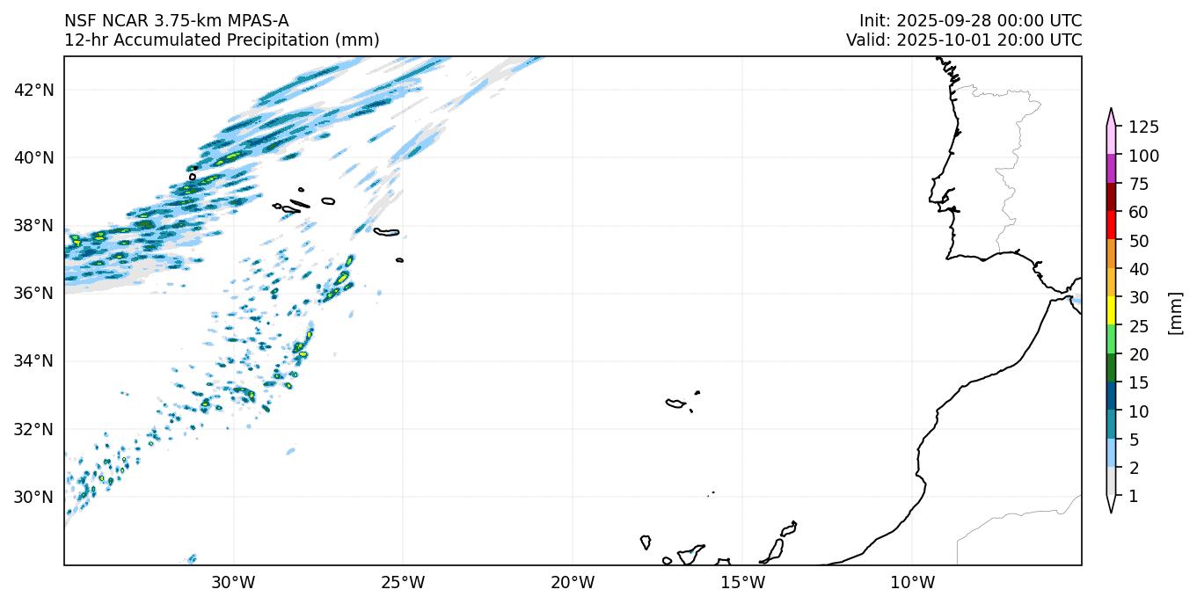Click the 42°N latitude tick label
(35, 90)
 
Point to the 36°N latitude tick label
(35, 293)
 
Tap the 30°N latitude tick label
(35, 497)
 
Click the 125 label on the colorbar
(1143, 127)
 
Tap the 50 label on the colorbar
(1140, 241)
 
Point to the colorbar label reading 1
(1133, 497)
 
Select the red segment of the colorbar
(1112, 226)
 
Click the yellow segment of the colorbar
(1112, 311)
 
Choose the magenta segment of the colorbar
(1112, 169)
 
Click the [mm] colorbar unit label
(1174, 312)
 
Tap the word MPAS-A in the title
(255, 21)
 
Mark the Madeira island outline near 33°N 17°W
(675, 404)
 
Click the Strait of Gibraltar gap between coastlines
(1067, 295)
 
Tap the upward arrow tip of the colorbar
(1112, 110)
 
